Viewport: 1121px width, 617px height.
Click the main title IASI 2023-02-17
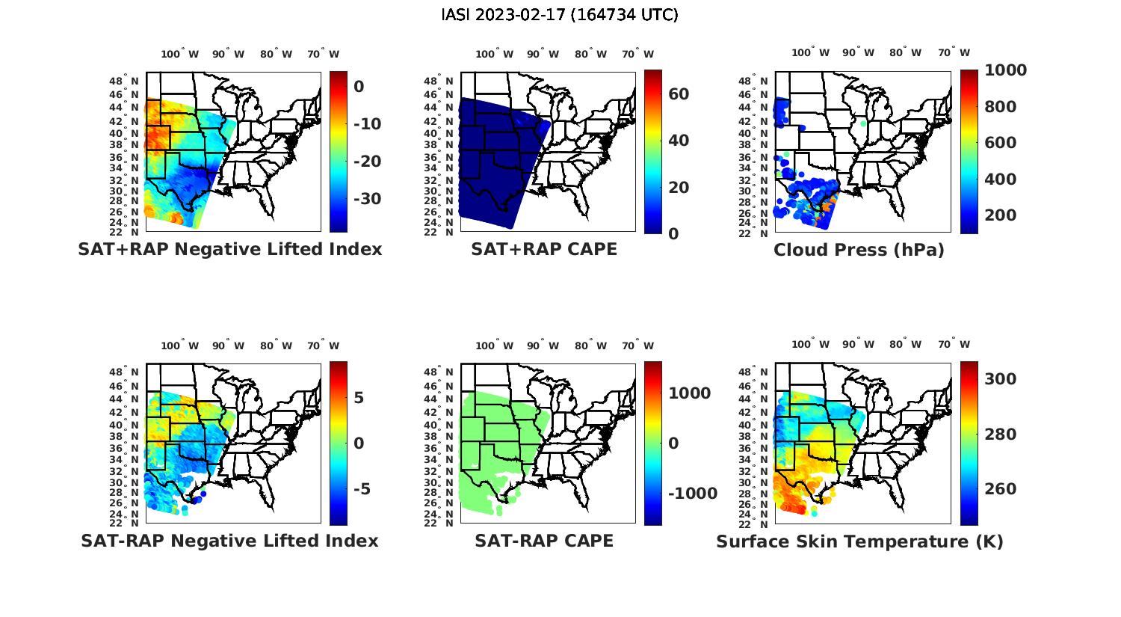coord(560,15)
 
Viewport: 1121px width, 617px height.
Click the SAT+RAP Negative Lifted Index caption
coord(230,249)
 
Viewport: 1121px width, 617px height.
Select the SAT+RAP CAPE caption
coord(544,249)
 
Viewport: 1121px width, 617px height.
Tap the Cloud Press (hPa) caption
coord(859,250)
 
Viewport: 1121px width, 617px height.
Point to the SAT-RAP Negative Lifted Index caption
coord(230,541)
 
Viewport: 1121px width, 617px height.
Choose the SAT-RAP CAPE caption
coord(544,541)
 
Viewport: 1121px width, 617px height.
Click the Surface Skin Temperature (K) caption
coord(859,541)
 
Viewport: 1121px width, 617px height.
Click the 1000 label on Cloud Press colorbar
coord(1005,70)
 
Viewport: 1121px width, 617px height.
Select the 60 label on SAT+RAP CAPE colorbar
coord(679,94)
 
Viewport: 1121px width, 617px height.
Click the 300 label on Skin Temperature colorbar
coord(1000,379)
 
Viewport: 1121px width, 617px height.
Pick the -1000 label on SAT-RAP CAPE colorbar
coord(692,494)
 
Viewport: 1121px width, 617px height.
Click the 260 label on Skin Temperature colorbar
coord(1000,489)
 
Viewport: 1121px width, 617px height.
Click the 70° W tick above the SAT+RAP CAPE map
coord(637,54)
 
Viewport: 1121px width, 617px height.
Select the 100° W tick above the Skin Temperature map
coord(811,345)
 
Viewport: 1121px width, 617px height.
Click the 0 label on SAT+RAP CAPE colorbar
coord(673,233)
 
